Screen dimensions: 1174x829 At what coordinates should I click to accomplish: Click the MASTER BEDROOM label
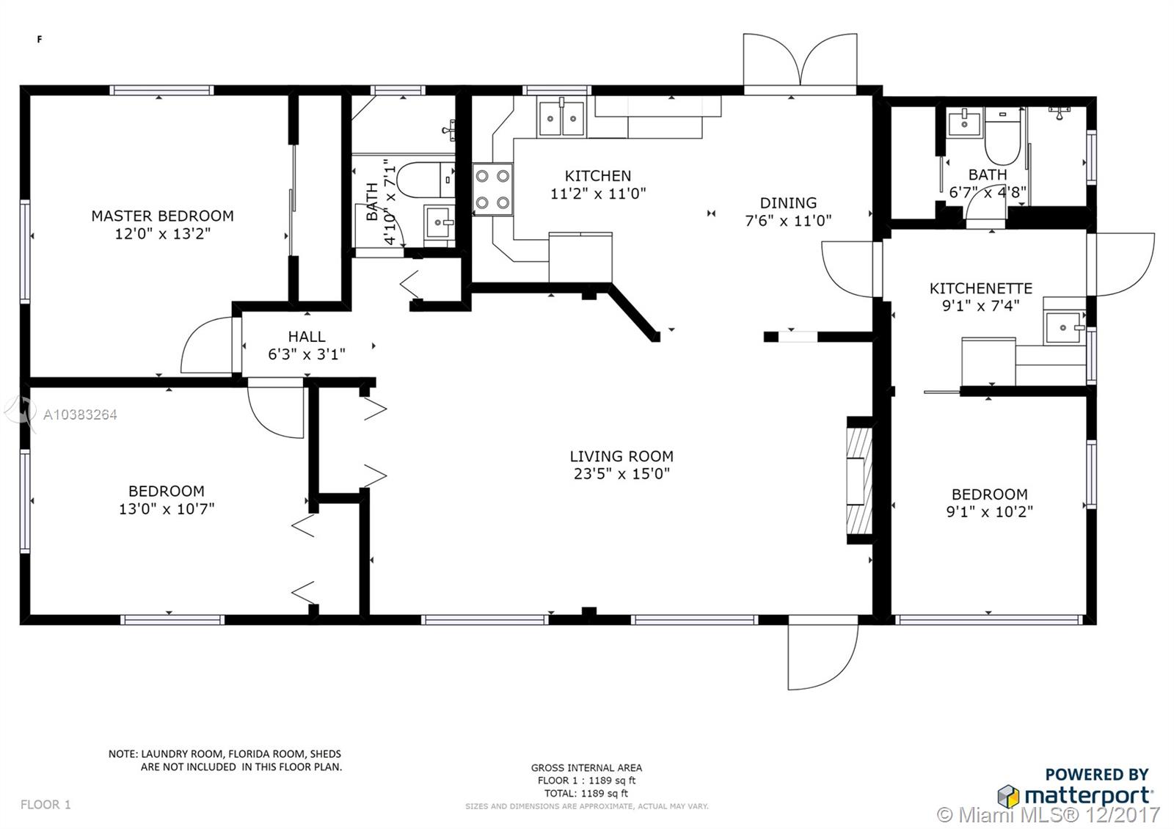pos(162,216)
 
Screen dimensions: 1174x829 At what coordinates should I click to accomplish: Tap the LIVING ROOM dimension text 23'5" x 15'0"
pos(621,474)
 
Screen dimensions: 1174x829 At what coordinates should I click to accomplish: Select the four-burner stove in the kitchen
pos(492,189)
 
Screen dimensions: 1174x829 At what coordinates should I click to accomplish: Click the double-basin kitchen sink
pos(561,118)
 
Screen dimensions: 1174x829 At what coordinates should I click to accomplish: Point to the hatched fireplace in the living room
pos(859,481)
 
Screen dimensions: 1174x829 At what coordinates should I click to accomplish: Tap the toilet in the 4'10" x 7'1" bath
pos(426,180)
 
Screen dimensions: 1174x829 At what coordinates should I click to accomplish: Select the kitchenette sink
pos(1064,327)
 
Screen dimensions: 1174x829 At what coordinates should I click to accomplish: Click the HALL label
pos(307,337)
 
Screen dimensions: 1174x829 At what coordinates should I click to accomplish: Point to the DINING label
pos(788,202)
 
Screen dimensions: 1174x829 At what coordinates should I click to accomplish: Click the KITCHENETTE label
pos(980,288)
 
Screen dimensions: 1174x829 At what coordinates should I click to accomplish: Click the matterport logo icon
pos(1008,796)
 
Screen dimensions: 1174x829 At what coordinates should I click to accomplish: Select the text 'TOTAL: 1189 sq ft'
pos(586,793)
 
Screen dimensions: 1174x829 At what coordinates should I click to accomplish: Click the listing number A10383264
pos(80,415)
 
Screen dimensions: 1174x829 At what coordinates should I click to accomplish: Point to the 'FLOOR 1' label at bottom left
pos(45,804)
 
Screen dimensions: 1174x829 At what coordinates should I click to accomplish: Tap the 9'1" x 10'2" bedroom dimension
pos(990,512)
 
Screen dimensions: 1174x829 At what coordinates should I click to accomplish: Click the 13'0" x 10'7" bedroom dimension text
pos(167,509)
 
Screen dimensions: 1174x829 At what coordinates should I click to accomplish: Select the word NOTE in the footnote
pos(123,754)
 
